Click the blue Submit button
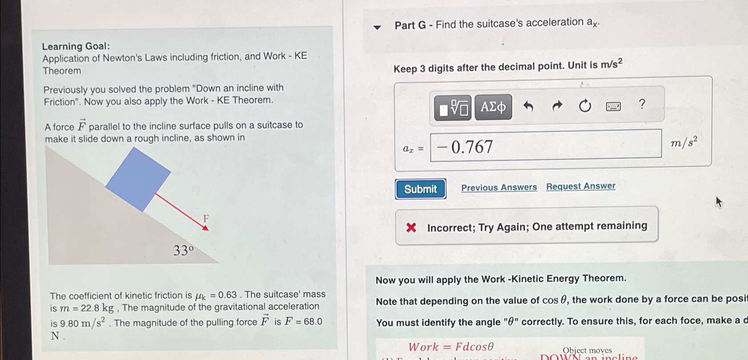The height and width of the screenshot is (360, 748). pyautogui.click(x=420, y=189)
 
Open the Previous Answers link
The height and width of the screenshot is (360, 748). pyautogui.click(x=499, y=188)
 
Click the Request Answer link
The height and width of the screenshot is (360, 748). pyautogui.click(x=580, y=186)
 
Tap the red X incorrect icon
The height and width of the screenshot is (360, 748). pyautogui.click(x=411, y=228)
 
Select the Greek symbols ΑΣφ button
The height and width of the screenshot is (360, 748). pyautogui.click(x=493, y=107)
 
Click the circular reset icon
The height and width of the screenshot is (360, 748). pyautogui.click(x=585, y=106)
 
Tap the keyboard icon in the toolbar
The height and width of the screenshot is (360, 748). pyautogui.click(x=613, y=106)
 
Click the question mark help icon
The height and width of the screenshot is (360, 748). pyautogui.click(x=642, y=104)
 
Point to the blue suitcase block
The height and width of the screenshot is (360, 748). pyautogui.click(x=138, y=179)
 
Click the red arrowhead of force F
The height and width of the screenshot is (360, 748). pyautogui.click(x=205, y=228)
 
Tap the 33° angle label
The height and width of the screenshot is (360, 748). pyautogui.click(x=184, y=251)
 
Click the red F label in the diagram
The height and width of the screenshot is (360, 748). pyautogui.click(x=206, y=218)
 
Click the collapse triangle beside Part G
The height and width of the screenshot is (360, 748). pyautogui.click(x=377, y=28)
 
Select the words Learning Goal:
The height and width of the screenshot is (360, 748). pyautogui.click(x=76, y=46)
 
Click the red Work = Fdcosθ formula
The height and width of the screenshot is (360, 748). pyautogui.click(x=451, y=347)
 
